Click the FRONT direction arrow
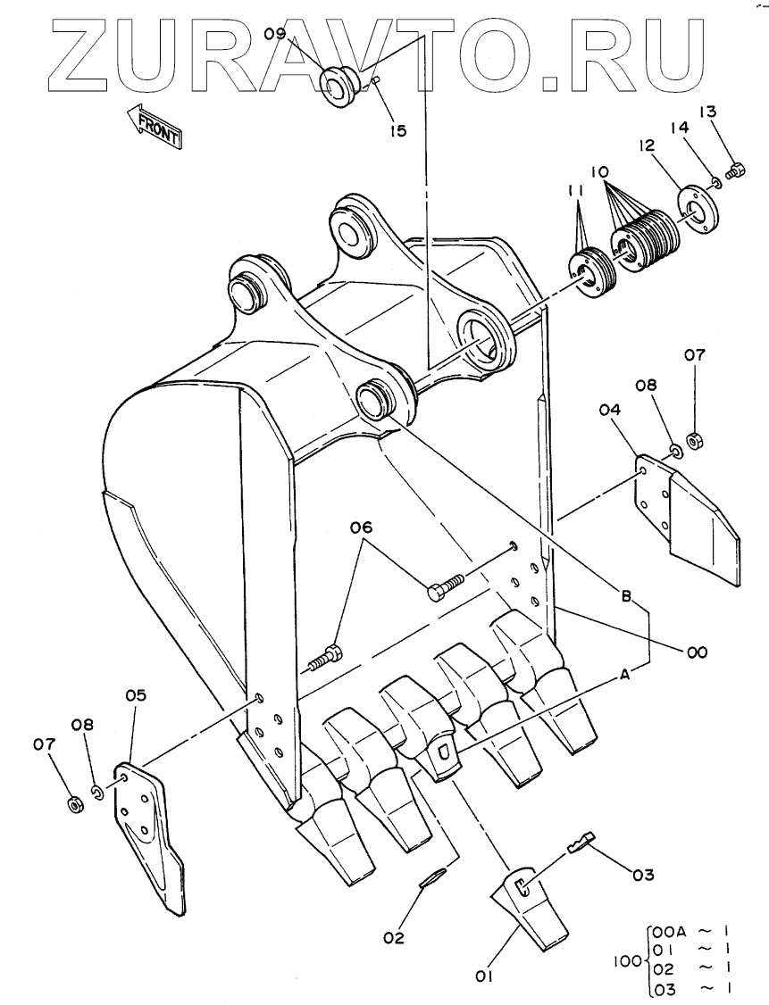(x=155, y=126)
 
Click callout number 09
(x=274, y=36)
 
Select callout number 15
(x=397, y=130)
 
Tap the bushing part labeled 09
(x=339, y=83)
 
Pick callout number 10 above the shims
(x=598, y=169)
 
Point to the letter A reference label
(x=624, y=676)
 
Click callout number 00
(x=697, y=652)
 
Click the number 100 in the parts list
(x=628, y=961)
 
